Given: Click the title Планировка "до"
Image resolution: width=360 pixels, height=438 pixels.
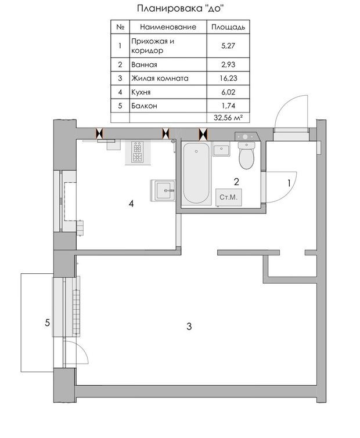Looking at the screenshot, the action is [181, 8].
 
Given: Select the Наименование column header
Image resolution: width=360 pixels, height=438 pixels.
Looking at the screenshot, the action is [168, 27].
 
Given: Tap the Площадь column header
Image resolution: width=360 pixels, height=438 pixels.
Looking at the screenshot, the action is [228, 27].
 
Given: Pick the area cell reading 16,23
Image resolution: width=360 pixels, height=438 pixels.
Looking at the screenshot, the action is [228, 78].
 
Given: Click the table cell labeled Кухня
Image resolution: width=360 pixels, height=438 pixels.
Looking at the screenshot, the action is [141, 92].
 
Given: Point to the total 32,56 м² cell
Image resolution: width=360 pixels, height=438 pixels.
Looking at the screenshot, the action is [228, 118].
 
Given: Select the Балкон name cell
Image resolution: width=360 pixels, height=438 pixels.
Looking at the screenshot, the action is [144, 106].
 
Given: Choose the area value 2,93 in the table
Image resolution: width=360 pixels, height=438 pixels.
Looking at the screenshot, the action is [228, 64].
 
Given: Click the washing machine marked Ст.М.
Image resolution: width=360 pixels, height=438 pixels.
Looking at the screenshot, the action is [228, 197].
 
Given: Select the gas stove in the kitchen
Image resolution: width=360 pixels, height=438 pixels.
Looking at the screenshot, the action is [138, 152].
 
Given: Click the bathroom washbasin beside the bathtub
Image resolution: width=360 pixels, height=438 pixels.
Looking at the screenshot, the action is [221, 149].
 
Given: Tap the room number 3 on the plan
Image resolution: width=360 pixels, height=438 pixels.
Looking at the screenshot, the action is [189, 326].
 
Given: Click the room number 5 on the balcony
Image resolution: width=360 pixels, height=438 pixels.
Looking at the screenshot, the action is [48, 323].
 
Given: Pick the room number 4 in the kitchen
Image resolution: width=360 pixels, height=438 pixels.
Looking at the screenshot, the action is [131, 204].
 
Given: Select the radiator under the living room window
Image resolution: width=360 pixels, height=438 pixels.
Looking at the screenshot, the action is [76, 312].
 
